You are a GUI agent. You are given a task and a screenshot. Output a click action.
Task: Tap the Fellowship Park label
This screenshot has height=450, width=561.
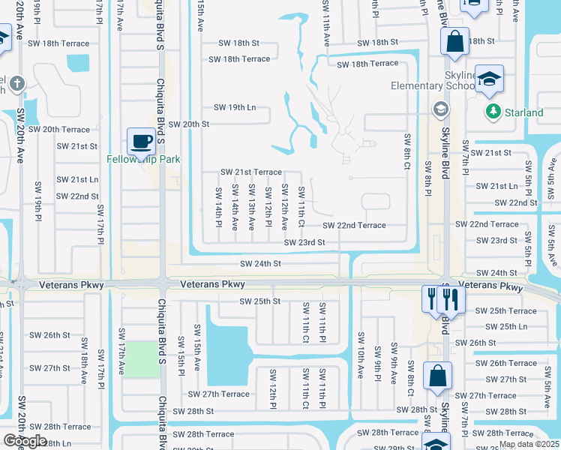coord(143,160)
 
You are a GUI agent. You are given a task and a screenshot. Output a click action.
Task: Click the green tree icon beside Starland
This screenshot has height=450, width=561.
coord(493,112)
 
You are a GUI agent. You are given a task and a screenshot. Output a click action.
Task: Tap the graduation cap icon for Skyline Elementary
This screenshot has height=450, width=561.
coord(488,79)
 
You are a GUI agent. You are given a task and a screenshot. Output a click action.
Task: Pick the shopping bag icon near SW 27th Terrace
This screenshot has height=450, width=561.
coord(437,377)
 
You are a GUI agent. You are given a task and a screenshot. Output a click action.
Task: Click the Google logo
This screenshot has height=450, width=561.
coord(25,441)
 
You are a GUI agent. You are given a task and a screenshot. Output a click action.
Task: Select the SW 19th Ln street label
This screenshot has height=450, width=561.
coord(235,107)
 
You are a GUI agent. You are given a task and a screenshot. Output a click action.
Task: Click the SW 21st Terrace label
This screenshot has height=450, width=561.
coord(250,172)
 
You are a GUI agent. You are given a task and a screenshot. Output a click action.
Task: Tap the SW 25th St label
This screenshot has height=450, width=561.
coord(259,301)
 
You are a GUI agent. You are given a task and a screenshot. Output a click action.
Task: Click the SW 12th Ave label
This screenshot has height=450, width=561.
coord(284,207)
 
